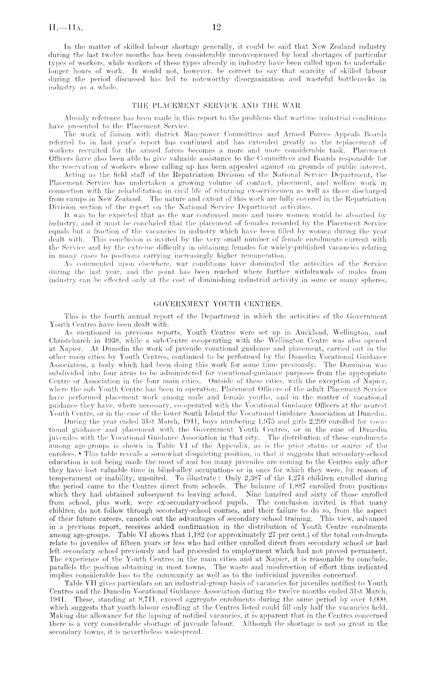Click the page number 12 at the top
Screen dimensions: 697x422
click(x=216, y=27)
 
